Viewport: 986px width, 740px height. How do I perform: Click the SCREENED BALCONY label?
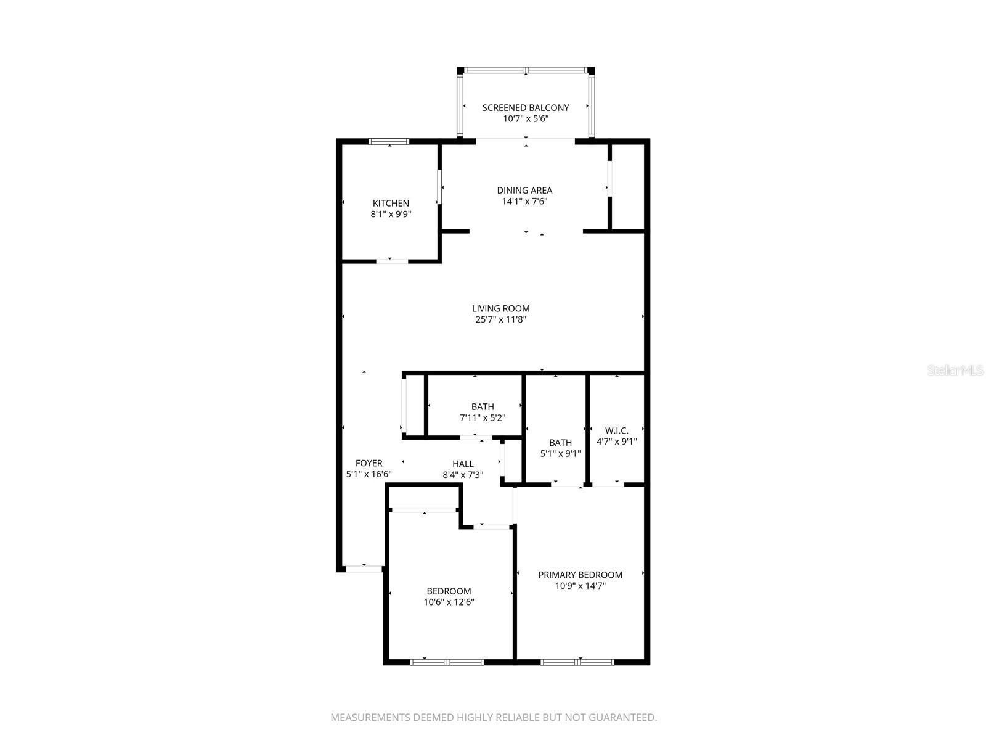pyautogui.click(x=525, y=107)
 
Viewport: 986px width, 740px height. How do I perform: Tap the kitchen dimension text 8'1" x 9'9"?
pyautogui.click(x=391, y=215)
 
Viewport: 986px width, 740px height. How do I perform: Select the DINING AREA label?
pyautogui.click(x=524, y=190)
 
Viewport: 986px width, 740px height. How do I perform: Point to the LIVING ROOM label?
pyautogui.click(x=500, y=308)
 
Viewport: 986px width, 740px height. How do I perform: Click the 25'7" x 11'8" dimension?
pyautogui.click(x=500, y=319)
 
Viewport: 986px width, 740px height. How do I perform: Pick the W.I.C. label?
pyautogui.click(x=616, y=430)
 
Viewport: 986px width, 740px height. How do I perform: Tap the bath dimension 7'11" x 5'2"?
pyautogui.click(x=483, y=417)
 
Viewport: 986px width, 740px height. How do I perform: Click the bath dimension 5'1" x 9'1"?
pyautogui.click(x=560, y=454)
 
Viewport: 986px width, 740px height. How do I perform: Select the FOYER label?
pyautogui.click(x=369, y=463)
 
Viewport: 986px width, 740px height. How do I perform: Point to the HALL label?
pyautogui.click(x=463, y=464)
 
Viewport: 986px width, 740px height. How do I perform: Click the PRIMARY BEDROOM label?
pyautogui.click(x=580, y=575)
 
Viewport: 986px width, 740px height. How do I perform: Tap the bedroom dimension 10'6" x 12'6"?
pyautogui.click(x=449, y=602)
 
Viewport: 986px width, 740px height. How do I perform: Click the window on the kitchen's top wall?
pyautogui.click(x=389, y=142)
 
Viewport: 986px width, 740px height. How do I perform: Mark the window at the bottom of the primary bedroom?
pyautogui.click(x=577, y=662)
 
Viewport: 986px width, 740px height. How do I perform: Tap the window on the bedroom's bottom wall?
pyautogui.click(x=447, y=662)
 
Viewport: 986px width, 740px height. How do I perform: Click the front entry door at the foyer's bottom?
pyautogui.click(x=364, y=569)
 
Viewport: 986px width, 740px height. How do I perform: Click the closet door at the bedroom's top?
pyautogui.click(x=424, y=510)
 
